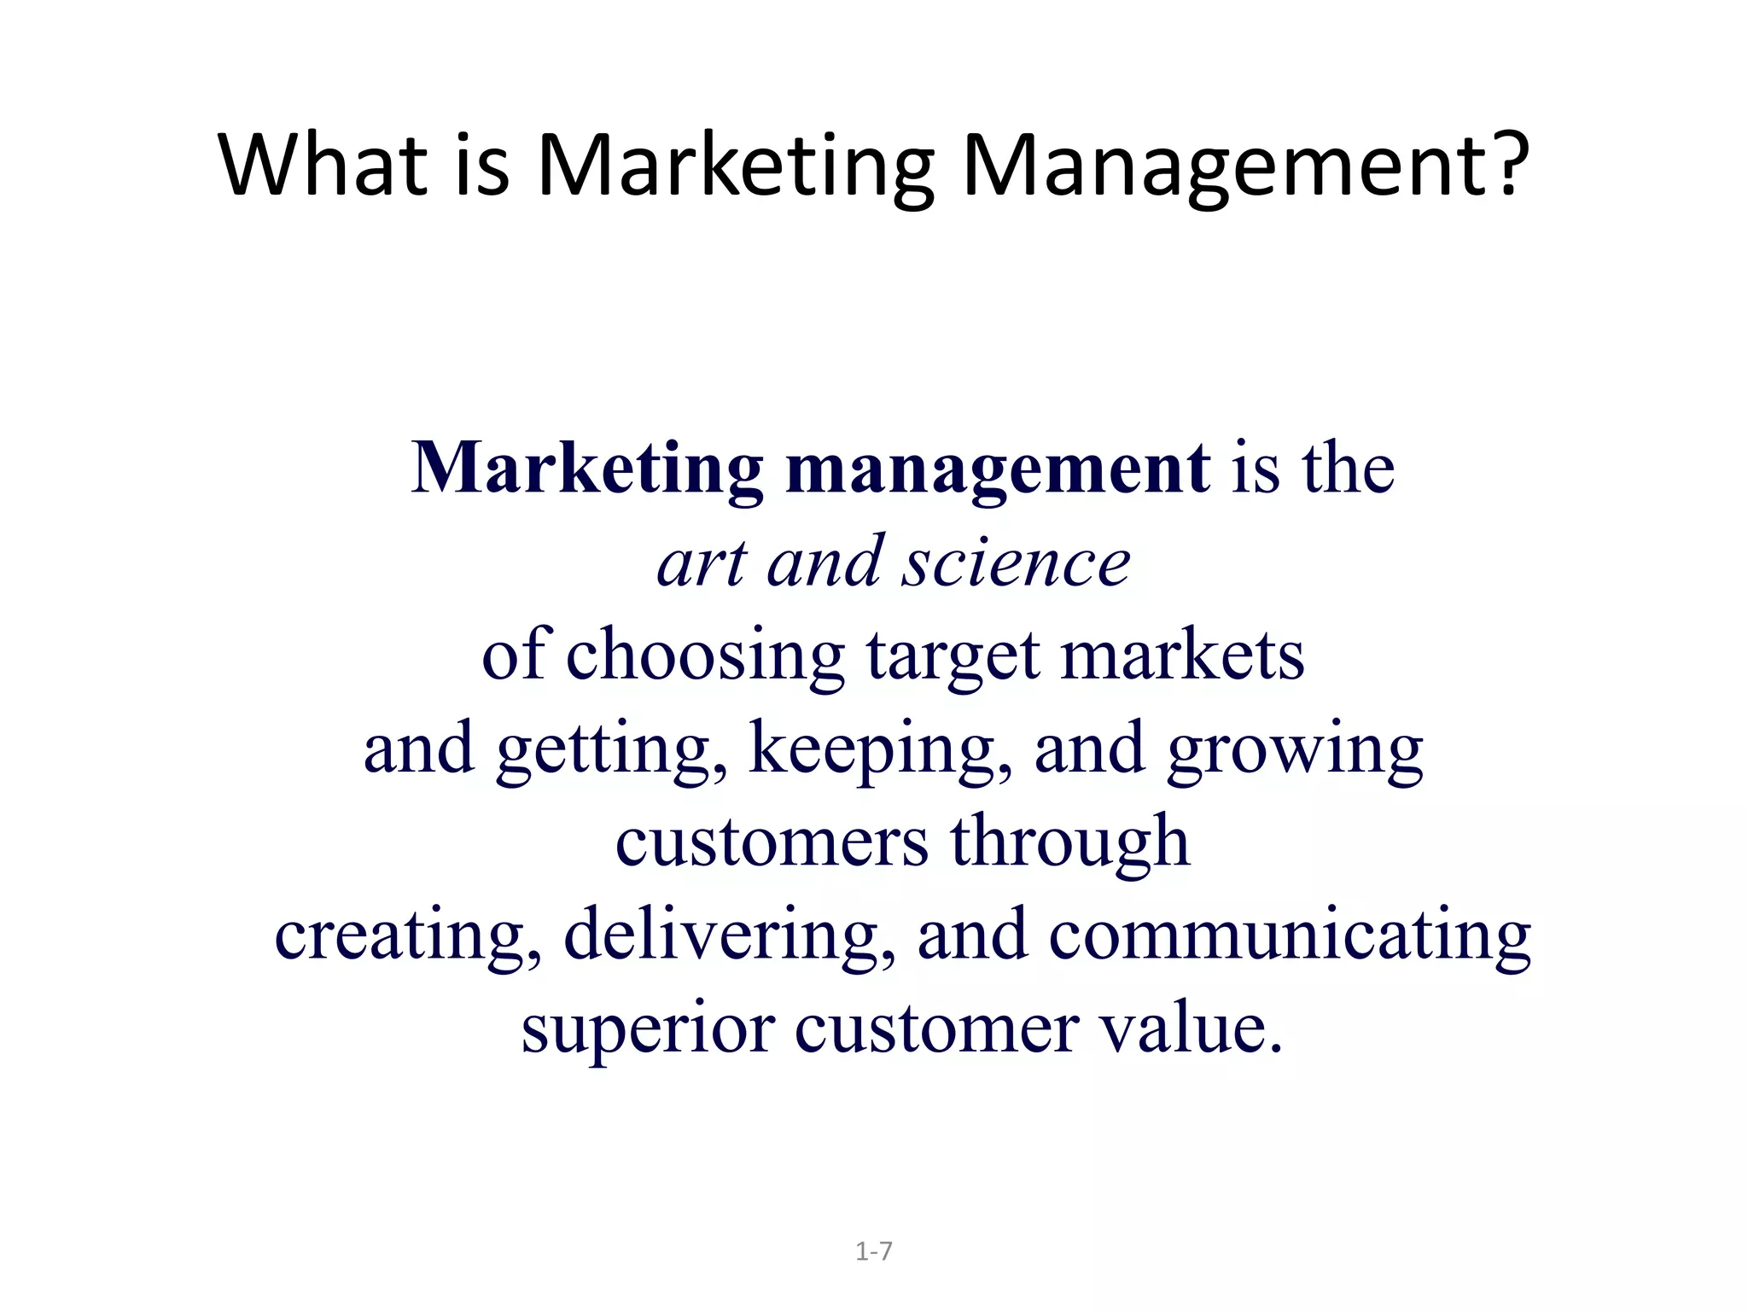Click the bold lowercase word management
pos(997,469)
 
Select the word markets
pos(1182,655)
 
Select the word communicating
pos(1290,937)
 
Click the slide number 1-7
pos(873,1251)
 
